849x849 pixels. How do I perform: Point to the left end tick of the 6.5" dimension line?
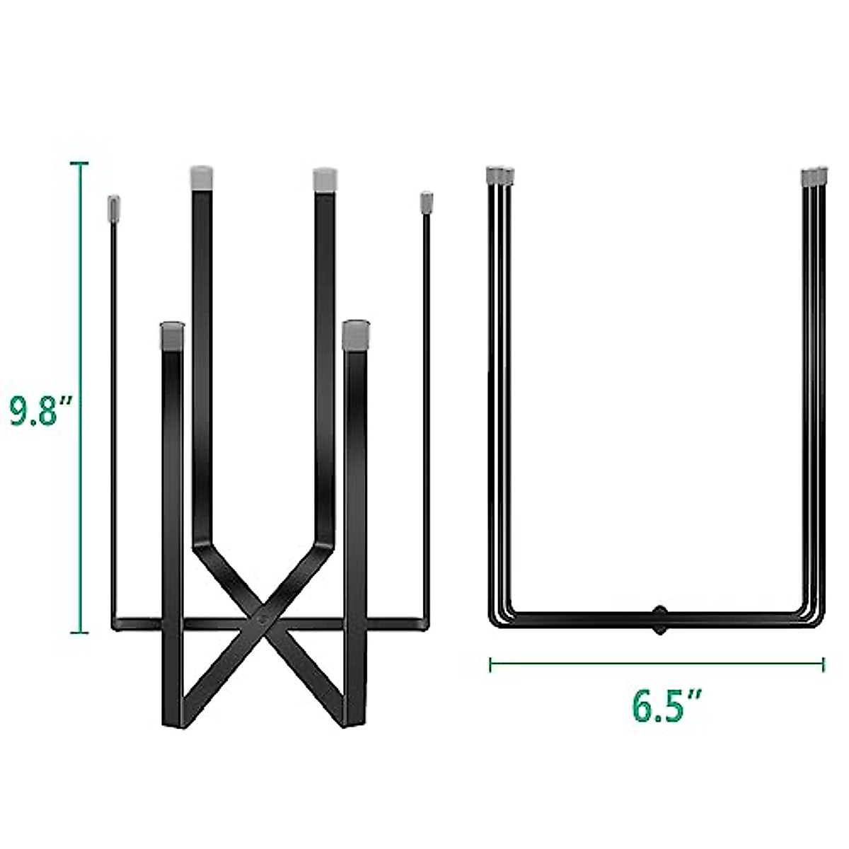tap(490, 664)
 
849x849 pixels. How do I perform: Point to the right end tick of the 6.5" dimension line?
tap(823, 664)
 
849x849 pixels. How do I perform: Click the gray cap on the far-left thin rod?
tap(111, 207)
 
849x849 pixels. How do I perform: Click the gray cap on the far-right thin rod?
tap(426, 202)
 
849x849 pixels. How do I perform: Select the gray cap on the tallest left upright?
tap(202, 177)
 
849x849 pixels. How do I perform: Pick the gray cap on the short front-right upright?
tap(354, 335)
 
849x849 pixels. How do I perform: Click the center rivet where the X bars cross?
tap(264, 617)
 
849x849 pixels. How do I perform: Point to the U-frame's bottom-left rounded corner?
tap(495, 617)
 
